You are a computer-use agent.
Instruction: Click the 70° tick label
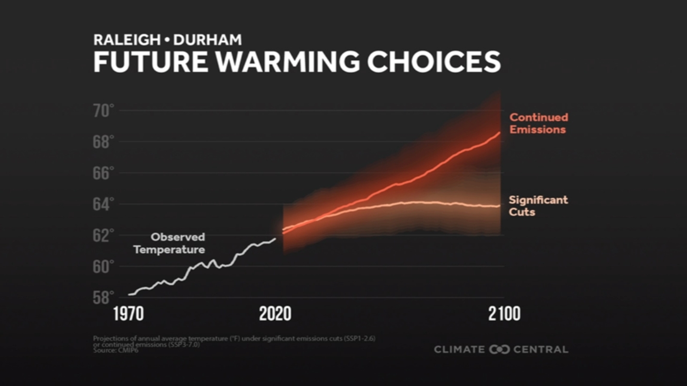pos(103,111)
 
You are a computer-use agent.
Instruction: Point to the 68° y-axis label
pos(103,142)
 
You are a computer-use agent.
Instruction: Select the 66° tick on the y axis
pos(103,173)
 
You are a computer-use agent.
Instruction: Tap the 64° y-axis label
pos(103,205)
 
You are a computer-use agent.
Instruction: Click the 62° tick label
pos(103,235)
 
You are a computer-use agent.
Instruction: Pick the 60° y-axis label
pos(103,267)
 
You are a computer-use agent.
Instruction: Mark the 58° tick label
pos(103,298)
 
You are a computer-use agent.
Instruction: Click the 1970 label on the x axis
pos(128,314)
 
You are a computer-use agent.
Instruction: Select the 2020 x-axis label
pos(275,314)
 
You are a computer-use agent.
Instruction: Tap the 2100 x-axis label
pos(504,314)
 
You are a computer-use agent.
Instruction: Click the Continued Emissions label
pos(538,124)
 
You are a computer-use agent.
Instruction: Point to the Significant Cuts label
pos(538,206)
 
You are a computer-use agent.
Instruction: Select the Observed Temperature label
pos(170,243)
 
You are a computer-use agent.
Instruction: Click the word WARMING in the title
pos(287,62)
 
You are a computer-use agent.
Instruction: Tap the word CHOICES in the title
pos(434,62)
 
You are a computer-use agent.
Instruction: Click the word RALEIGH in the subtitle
pos(127,40)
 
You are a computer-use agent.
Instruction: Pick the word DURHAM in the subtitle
pos(207,40)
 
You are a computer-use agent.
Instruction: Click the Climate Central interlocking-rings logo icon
pos(499,350)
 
